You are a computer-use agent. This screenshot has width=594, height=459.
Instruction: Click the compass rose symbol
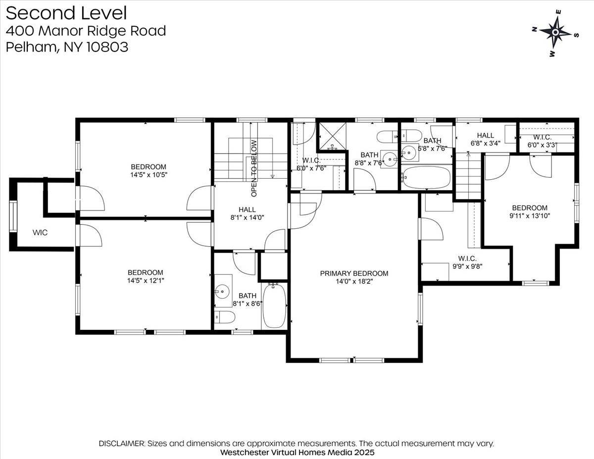click(555, 33)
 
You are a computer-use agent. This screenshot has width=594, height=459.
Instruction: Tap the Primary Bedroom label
click(354, 273)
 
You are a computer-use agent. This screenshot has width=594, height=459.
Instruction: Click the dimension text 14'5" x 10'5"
click(148, 175)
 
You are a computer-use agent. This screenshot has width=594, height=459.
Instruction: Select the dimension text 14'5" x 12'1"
click(146, 281)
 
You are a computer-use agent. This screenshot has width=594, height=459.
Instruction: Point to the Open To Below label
click(254, 161)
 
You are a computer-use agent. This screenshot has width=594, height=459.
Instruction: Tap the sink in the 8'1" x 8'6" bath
click(221, 290)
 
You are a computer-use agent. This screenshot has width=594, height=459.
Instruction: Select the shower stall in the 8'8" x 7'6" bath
click(333, 135)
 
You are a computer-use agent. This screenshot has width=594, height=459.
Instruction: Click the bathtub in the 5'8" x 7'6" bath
click(427, 177)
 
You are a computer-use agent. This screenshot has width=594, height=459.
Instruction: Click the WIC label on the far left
click(40, 233)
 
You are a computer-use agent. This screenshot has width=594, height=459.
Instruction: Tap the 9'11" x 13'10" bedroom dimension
click(530, 216)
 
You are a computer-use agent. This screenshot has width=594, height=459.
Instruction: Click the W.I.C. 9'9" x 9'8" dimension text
click(467, 266)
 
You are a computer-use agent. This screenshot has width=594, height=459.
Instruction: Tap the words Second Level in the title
click(66, 13)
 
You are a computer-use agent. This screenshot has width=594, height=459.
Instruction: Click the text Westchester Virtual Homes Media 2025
click(297, 452)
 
